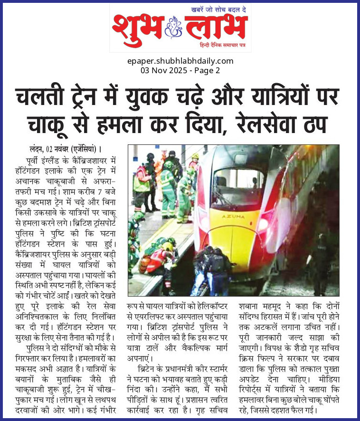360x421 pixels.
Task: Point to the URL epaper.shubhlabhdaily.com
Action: [180, 61]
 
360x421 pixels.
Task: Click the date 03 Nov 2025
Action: [162, 70]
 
